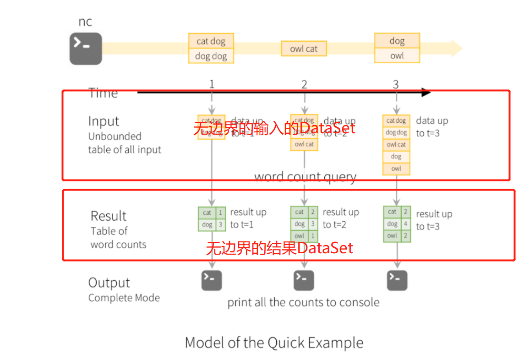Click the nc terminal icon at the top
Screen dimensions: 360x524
click(86, 49)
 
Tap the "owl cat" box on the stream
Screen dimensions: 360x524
click(304, 49)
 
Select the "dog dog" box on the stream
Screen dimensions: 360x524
click(211, 56)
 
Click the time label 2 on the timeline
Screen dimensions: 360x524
click(304, 84)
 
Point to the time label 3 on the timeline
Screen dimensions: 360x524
click(396, 84)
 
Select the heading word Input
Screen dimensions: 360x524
click(104, 121)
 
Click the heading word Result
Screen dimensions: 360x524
click(109, 216)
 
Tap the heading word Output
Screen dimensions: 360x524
click(109, 283)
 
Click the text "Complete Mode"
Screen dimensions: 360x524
click(124, 298)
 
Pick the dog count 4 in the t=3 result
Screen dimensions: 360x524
click(405, 224)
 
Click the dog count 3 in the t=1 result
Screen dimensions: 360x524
click(220, 225)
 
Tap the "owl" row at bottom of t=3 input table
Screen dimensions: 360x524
click(396, 169)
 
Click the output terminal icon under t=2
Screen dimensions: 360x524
click(304, 280)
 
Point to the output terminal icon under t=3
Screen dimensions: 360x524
click(397, 280)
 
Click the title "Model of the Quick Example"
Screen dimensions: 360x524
click(274, 343)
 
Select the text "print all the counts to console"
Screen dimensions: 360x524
click(303, 302)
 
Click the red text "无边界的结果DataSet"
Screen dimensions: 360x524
click(279, 248)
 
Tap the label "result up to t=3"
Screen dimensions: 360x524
click(434, 220)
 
